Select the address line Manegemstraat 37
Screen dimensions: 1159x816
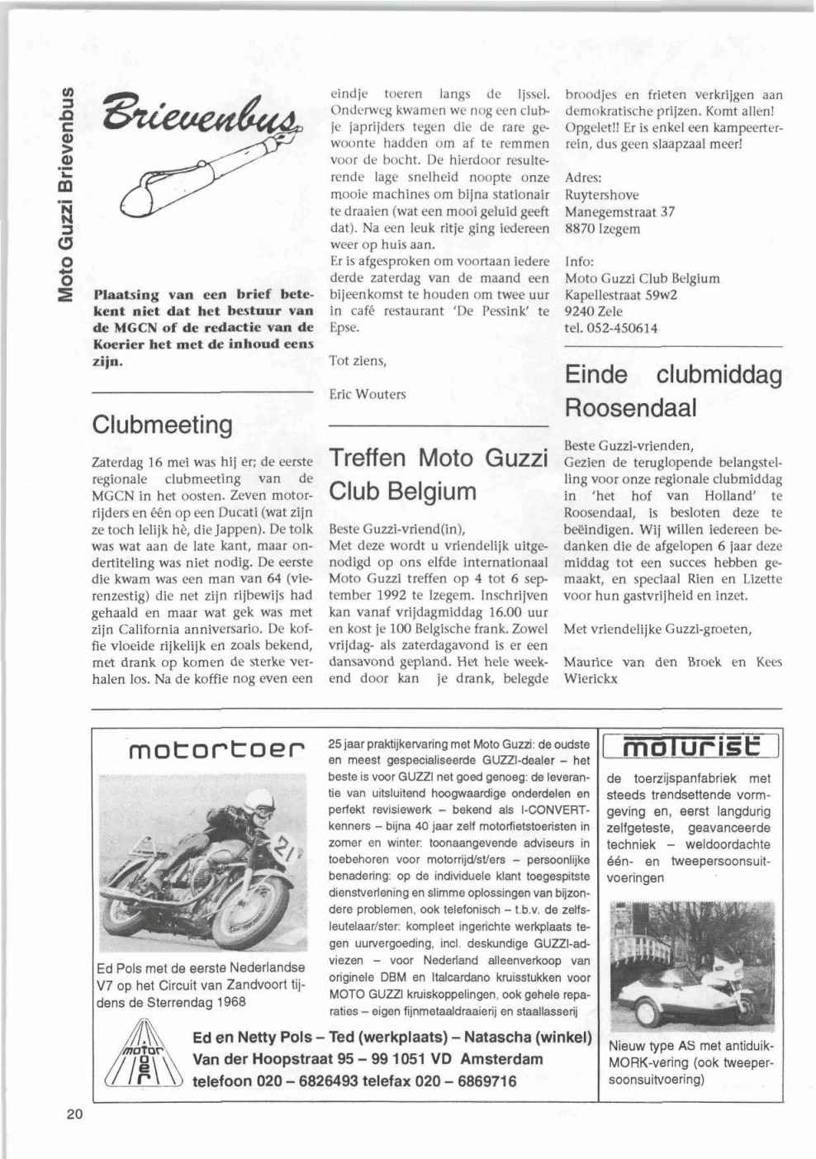[619, 211]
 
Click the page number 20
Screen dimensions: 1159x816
[74, 1114]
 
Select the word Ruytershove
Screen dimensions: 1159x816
[601, 195]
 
